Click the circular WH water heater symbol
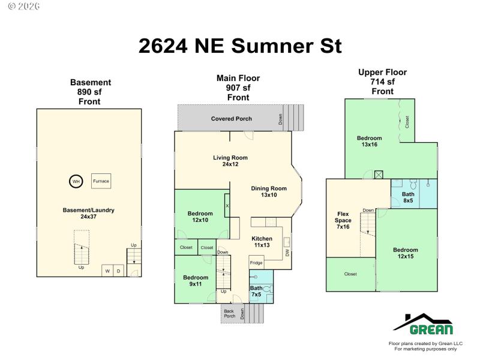tap(76, 181)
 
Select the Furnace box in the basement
tap(101, 181)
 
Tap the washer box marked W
tap(107, 271)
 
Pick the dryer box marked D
tap(118, 271)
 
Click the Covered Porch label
tap(232, 118)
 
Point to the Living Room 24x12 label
tap(230, 161)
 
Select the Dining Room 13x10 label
tap(269, 191)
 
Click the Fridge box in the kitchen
tap(256, 262)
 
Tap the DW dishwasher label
tap(287, 253)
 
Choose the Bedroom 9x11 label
tap(196, 281)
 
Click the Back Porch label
tap(229, 313)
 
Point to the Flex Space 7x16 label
tap(343, 220)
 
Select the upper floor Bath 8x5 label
tap(408, 197)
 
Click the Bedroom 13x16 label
tap(369, 141)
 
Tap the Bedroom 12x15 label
tap(406, 253)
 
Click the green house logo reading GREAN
tap(423, 324)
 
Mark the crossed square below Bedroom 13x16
tap(379, 175)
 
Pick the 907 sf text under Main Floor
tap(238, 88)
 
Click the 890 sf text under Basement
tap(89, 92)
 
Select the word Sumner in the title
tap(272, 46)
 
